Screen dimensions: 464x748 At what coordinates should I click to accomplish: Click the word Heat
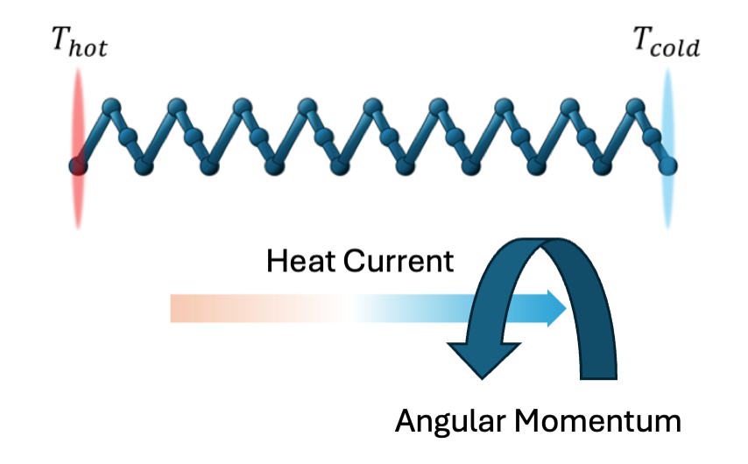point(300,261)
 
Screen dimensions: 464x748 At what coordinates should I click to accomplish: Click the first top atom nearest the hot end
point(110,108)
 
